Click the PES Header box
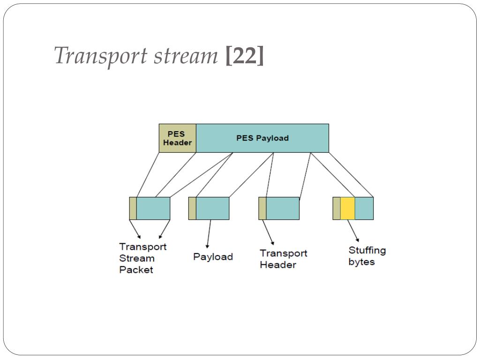point(178,138)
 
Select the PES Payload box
point(262,138)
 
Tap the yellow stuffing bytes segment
point(347,209)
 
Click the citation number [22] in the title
point(244,55)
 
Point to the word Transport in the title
point(101,56)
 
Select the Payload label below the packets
point(213,256)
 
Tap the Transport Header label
point(284,259)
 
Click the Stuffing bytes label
point(367,256)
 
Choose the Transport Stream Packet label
point(142,258)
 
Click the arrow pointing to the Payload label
point(209,233)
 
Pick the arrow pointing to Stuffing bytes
point(353,231)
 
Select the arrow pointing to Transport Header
point(268,232)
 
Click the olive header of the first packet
point(133,209)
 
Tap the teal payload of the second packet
point(212,209)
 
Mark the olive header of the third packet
point(262,209)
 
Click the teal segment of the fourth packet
point(364,209)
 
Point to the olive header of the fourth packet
point(337,209)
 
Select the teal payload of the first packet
point(153,209)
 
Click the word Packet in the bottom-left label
point(136,270)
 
